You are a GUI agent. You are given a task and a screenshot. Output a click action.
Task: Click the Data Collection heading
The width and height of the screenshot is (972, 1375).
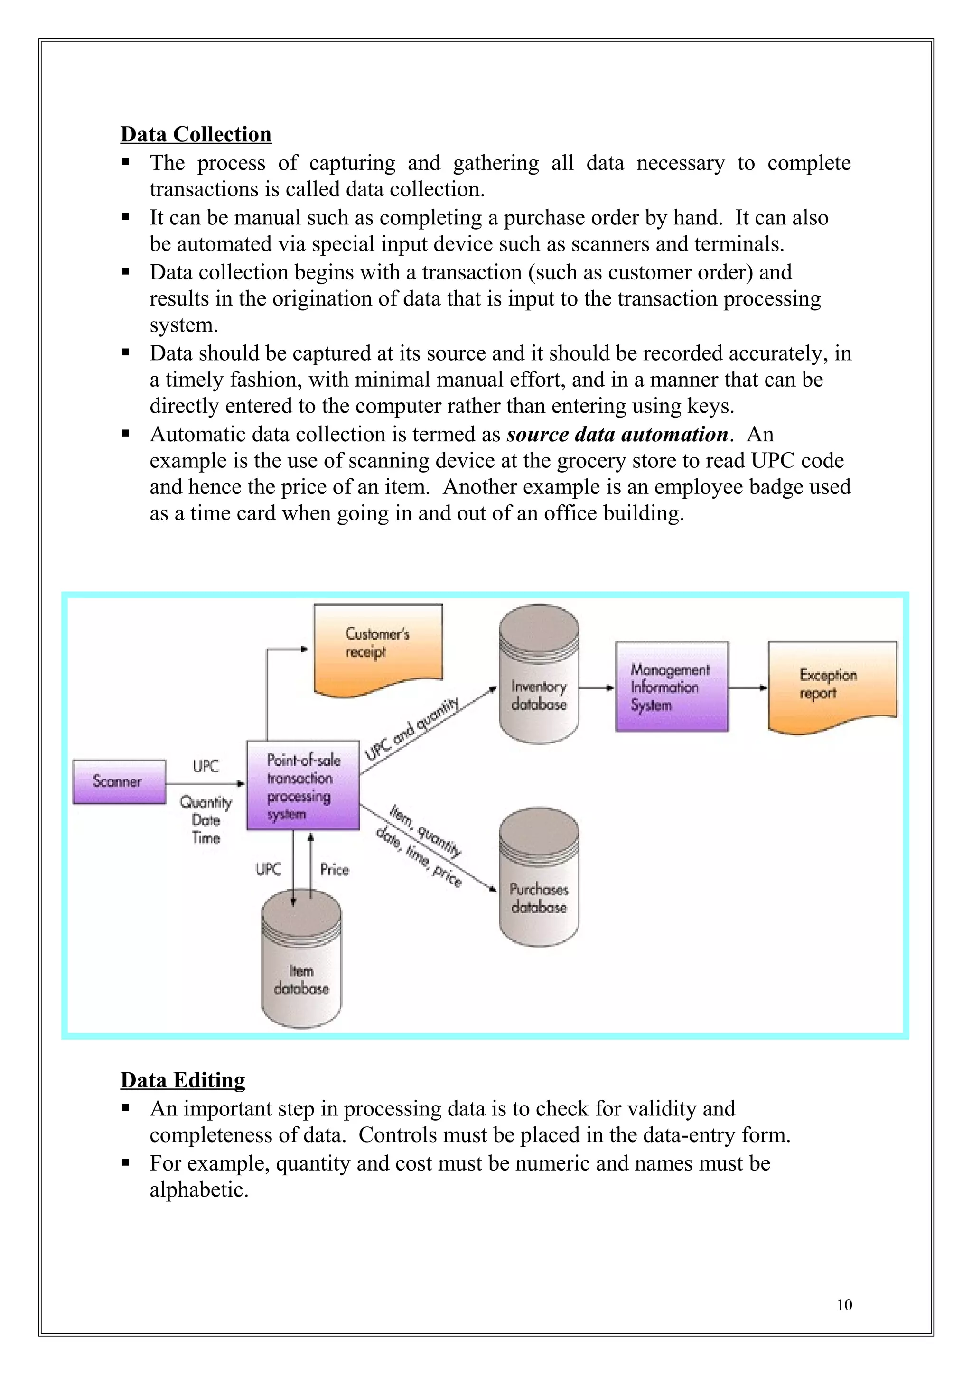click(196, 134)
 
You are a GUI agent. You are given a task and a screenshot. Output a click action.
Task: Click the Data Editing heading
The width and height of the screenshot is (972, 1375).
click(183, 1080)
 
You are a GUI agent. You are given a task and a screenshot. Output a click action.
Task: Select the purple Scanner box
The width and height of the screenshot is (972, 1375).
click(119, 781)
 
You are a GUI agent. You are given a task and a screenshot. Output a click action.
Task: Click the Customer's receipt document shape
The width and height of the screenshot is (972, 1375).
click(378, 647)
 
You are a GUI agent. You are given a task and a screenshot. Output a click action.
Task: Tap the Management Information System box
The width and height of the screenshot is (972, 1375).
click(672, 687)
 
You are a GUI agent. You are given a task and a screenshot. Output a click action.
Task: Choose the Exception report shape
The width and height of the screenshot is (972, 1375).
click(832, 685)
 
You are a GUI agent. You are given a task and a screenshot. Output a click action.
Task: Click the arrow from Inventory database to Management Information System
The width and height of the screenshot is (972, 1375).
click(597, 688)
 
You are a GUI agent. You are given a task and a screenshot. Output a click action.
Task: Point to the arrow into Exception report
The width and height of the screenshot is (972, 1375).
click(748, 688)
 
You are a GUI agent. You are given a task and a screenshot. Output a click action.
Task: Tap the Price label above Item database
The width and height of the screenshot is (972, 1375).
click(334, 870)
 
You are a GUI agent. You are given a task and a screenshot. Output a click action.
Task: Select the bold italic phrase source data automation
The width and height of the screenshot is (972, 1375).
click(617, 434)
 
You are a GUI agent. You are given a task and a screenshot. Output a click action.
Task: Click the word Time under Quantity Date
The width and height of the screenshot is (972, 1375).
click(206, 838)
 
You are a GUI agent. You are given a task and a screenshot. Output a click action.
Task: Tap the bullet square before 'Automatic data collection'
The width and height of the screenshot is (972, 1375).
click(126, 433)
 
